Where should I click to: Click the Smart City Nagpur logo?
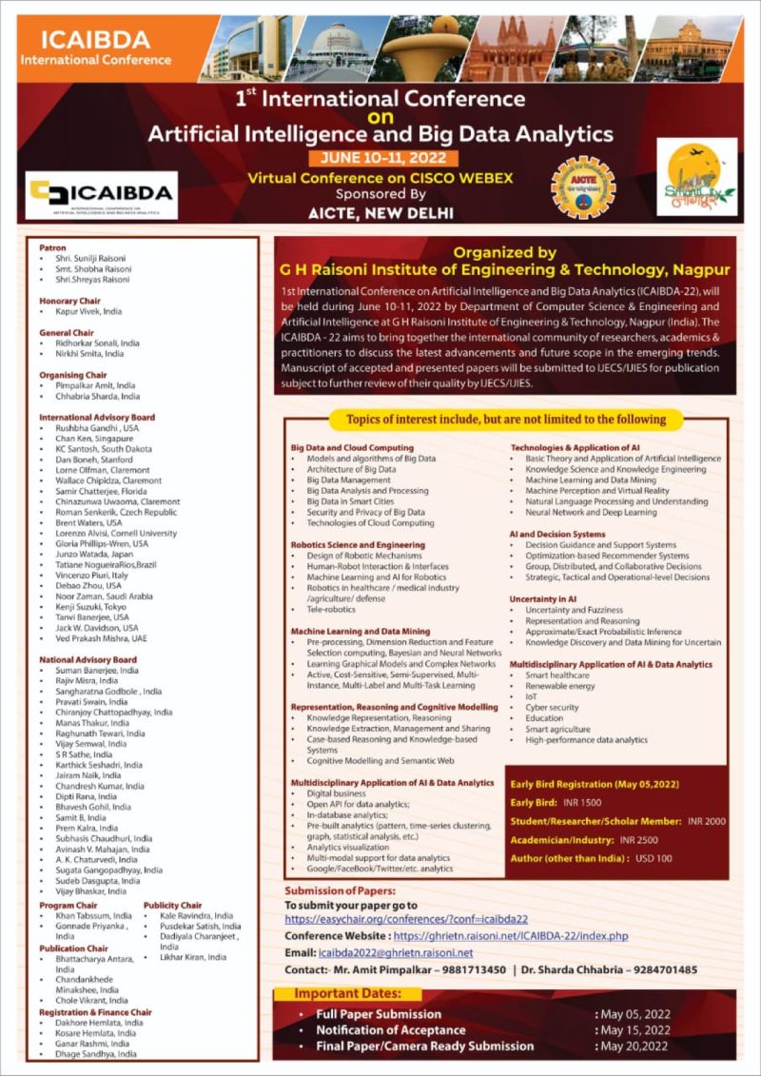tap(696, 176)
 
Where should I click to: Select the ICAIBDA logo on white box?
tap(102, 194)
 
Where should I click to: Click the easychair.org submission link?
tap(407, 920)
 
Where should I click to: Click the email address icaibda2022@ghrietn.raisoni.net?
tap(397, 952)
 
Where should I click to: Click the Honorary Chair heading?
tap(69, 301)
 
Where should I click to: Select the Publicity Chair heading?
tap(172, 905)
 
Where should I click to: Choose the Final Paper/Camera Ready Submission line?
tap(424, 1047)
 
